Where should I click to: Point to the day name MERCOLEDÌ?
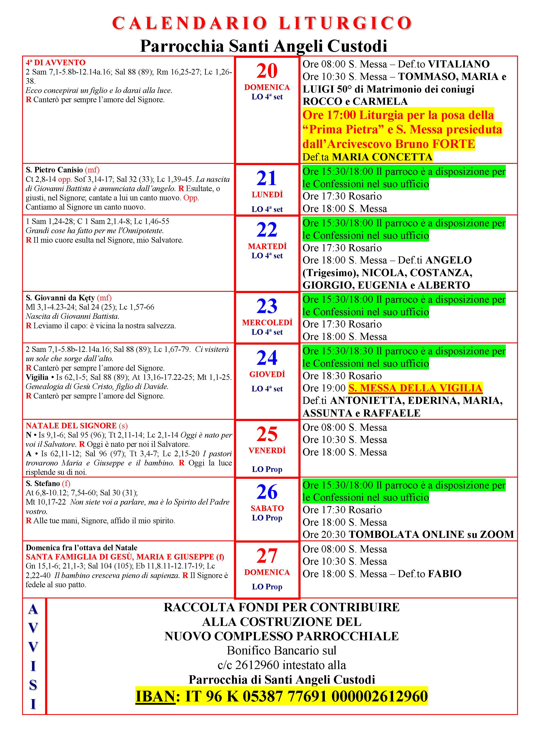pyautogui.click(x=267, y=323)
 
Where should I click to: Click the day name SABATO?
pyautogui.click(x=267, y=508)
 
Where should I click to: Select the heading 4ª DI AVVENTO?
pyautogui.click(x=56, y=62)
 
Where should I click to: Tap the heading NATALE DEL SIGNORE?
pyautogui.click(x=71, y=426)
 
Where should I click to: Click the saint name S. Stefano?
pyautogui.click(x=43, y=484)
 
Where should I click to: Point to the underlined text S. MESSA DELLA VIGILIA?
pyautogui.click(x=415, y=388)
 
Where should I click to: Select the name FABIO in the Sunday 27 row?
pyautogui.click(x=445, y=574)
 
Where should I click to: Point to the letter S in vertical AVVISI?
pyautogui.click(x=33, y=685)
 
